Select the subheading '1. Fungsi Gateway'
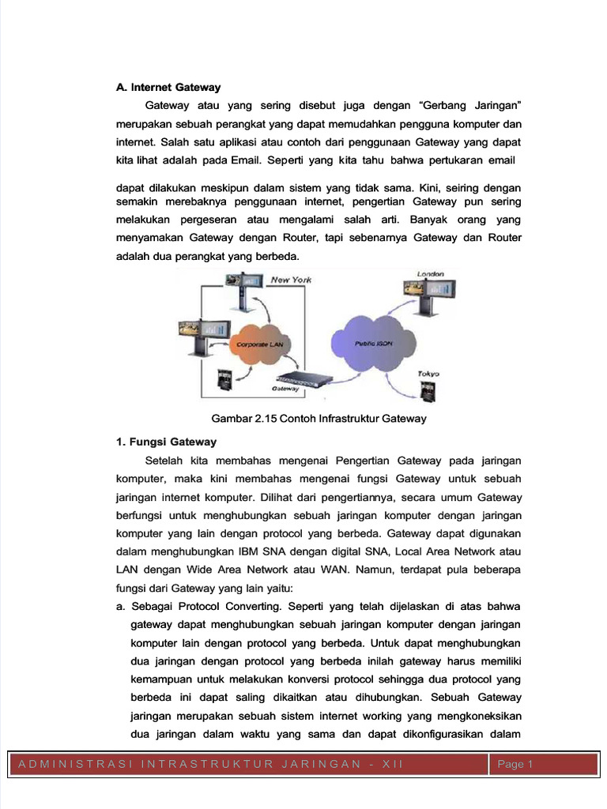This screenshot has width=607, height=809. pyautogui.click(x=166, y=442)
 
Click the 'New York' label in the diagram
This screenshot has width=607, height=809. pyautogui.click(x=291, y=280)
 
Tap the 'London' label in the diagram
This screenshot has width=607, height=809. pyautogui.click(x=431, y=274)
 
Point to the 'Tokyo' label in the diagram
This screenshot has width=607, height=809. pyautogui.click(x=429, y=374)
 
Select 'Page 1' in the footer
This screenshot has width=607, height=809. pyautogui.click(x=516, y=764)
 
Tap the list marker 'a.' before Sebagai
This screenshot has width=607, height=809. pyautogui.click(x=121, y=606)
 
